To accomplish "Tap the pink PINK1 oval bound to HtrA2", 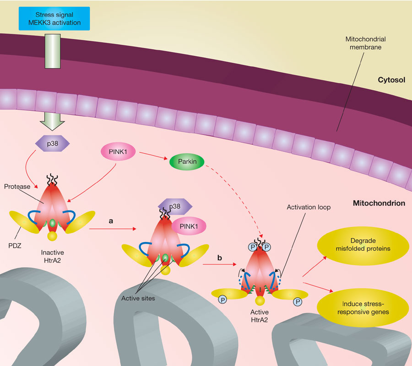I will (x=189, y=226).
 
